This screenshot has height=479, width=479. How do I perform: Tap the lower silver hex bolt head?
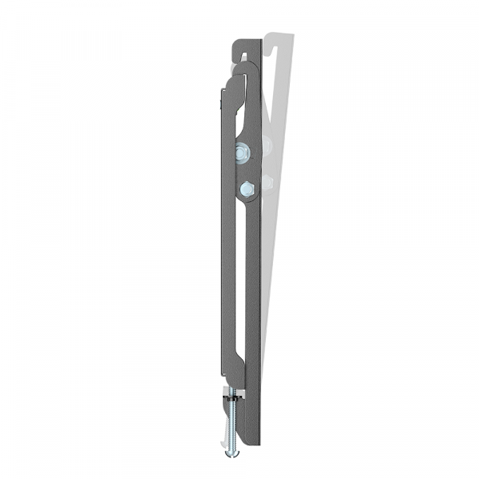(245, 188)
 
